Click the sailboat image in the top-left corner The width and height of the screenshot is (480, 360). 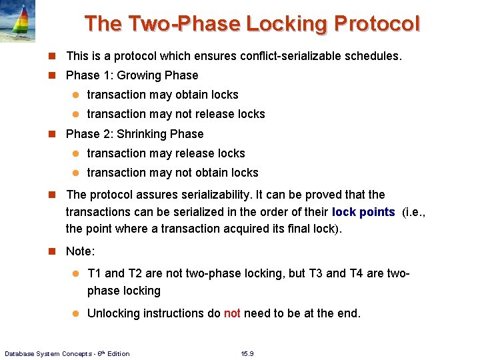coord(18,21)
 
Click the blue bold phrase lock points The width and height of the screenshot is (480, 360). coord(363,213)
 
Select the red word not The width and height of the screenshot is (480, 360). coord(232,313)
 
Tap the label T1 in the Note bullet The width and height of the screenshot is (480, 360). coord(95,273)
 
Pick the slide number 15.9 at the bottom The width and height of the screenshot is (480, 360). coord(247,353)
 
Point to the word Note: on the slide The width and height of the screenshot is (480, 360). coord(81,252)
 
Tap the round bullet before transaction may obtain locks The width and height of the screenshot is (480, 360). coord(76,95)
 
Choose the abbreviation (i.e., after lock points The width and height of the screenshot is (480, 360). coord(416,213)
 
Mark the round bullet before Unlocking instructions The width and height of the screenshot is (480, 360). coord(76,313)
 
